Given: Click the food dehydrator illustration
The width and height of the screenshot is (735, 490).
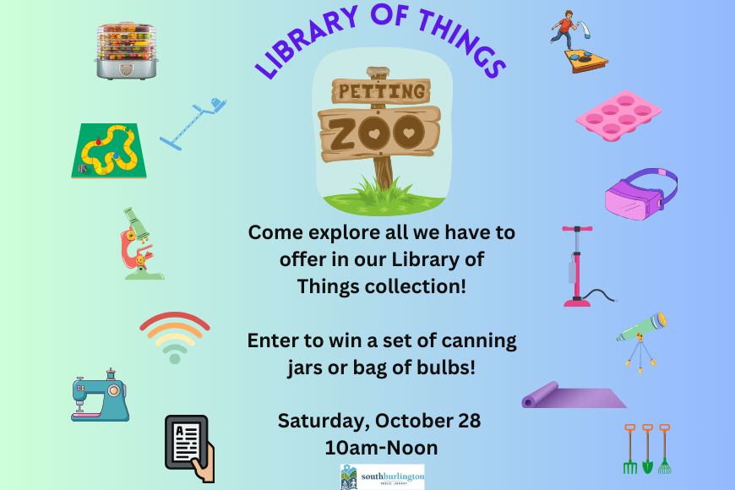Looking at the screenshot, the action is (x=126, y=50).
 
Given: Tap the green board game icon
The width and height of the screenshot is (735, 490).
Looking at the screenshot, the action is (x=109, y=150).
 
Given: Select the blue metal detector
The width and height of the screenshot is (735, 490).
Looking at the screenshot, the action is (x=193, y=124).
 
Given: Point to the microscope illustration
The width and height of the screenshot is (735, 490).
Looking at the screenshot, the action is (x=140, y=244).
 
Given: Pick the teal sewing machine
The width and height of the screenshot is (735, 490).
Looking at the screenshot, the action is (x=100, y=395).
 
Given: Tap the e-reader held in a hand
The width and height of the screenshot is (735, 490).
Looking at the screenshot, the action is (x=190, y=449).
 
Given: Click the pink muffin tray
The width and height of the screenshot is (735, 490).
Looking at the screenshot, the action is (x=618, y=116).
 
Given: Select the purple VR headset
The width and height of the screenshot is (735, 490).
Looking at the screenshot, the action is (x=640, y=193).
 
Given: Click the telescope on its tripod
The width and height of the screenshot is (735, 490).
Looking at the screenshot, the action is (x=641, y=341).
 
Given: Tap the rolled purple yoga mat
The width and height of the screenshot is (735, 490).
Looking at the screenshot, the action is (x=574, y=395).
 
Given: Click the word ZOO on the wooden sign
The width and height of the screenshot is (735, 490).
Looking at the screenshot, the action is (x=377, y=133).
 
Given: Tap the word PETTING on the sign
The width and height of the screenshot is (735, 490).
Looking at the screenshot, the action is (x=382, y=91).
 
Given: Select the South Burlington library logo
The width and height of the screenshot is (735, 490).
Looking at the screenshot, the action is (x=382, y=476).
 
